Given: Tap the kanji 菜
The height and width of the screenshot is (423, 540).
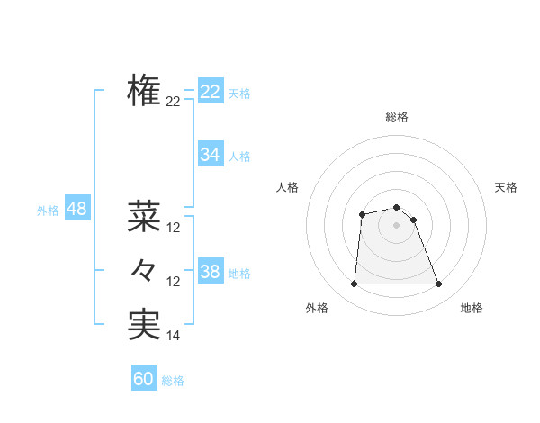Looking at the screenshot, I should [x=144, y=215].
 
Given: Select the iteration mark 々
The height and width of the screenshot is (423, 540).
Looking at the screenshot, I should [x=144, y=269].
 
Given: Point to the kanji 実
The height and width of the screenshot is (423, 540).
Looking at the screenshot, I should [x=144, y=323].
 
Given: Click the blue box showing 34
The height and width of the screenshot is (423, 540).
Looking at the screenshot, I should [x=210, y=155].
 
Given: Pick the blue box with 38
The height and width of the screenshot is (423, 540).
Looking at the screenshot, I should [x=210, y=272].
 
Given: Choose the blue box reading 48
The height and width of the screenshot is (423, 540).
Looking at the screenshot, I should [x=76, y=209].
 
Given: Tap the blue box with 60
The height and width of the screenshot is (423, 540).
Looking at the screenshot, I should [x=144, y=379].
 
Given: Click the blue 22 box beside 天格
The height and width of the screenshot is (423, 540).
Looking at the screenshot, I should [x=210, y=92].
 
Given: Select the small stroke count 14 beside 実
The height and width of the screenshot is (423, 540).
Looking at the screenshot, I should [x=174, y=336].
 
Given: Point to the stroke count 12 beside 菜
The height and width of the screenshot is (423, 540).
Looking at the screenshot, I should [x=174, y=228].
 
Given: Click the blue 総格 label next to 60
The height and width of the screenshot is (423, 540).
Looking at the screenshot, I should [x=173, y=381].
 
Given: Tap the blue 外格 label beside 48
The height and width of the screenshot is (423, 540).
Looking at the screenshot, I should [x=48, y=211].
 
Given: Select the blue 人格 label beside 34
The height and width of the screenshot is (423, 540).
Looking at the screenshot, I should [x=239, y=157].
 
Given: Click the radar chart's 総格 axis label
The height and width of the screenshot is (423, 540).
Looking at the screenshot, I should [x=397, y=117].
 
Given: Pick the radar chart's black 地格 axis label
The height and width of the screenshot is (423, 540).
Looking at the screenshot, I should [x=472, y=308].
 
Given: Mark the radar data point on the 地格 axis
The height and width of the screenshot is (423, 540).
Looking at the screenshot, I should [x=439, y=284].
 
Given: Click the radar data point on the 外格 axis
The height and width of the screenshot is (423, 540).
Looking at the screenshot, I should [x=354, y=284].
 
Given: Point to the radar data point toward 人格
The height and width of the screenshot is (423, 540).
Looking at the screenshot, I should [x=362, y=214].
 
